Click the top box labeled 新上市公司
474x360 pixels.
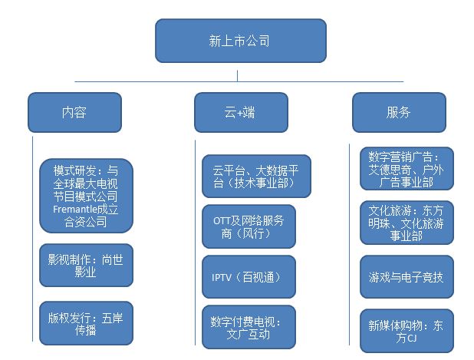(240, 41)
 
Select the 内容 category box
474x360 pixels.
(74, 112)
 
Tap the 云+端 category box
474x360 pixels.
(240, 112)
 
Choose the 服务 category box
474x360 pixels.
(399, 112)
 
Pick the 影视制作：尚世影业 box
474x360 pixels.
(85, 266)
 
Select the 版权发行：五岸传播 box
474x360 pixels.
(85, 322)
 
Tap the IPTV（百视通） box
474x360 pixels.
(249, 277)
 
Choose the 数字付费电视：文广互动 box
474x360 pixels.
(249, 328)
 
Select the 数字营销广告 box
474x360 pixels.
(406, 169)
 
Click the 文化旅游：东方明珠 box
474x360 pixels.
(406, 223)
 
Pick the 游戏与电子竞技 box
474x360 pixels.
(406, 277)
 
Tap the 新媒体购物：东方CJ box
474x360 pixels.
(406, 332)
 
